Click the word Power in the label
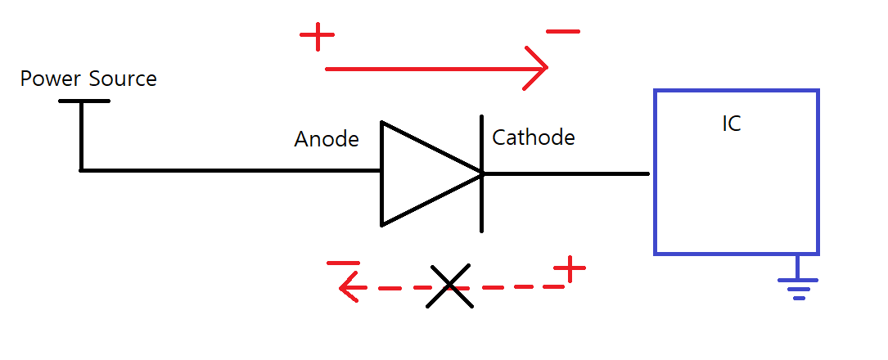coord(51,79)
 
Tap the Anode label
coord(327,140)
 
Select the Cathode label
coord(534,137)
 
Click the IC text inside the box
coord(732,124)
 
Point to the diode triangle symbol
coord(421,173)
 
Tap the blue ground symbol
coord(798,284)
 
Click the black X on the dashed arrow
coord(449,286)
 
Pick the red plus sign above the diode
coord(317,36)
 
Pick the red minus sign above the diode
coord(562,32)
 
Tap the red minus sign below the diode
coord(343,263)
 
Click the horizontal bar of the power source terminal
coord(83,101)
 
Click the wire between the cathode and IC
coord(565,173)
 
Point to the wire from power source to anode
coord(229,170)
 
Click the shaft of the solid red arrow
coord(426,70)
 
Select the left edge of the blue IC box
coord(656,172)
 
